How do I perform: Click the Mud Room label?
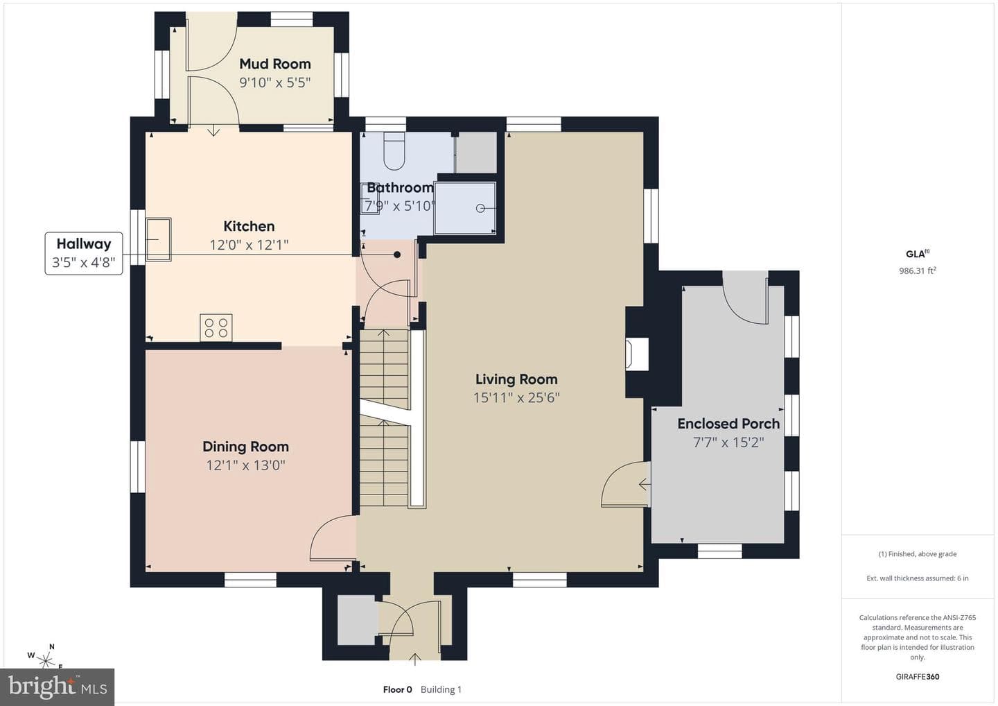[x=275, y=64]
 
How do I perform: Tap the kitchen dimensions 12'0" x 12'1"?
[x=249, y=245]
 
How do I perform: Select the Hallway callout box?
[x=84, y=253]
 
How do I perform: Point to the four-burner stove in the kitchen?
[x=216, y=327]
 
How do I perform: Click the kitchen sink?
[x=158, y=239]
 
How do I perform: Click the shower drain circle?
[x=480, y=208]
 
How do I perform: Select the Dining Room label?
[x=245, y=447]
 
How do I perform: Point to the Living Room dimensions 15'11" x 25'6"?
[x=516, y=397]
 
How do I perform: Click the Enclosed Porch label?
[x=728, y=424]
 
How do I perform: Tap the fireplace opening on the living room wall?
[x=637, y=354]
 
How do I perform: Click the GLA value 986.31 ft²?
[x=918, y=270]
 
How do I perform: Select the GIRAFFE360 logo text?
[x=918, y=677]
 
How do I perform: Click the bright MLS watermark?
[x=58, y=687]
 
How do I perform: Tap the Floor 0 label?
[x=397, y=689]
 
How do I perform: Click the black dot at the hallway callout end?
[x=397, y=255]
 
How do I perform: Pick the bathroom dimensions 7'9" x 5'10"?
[x=400, y=206]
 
